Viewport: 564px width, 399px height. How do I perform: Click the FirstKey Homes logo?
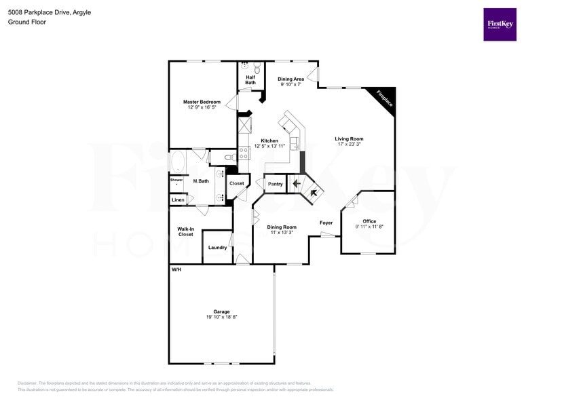[x=500, y=24]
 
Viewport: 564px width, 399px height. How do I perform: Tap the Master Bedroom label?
[x=202, y=102]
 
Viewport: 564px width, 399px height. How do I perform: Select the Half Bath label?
[x=250, y=80]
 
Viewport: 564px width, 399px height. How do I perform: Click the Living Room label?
[x=349, y=138]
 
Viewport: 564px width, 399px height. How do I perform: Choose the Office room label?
[x=369, y=221]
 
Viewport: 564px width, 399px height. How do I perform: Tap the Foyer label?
[x=326, y=223]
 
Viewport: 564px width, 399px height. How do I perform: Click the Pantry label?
[x=275, y=184]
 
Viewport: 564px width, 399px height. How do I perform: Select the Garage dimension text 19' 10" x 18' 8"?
[x=221, y=317]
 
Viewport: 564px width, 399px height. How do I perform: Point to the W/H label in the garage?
[x=176, y=270]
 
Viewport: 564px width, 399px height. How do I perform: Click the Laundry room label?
[x=217, y=248]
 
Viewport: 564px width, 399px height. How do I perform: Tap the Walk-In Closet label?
[x=185, y=231]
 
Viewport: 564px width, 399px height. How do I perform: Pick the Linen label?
[x=178, y=200]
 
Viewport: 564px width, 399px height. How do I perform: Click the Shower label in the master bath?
[x=176, y=180]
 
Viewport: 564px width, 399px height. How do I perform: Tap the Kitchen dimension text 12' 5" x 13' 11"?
[x=266, y=146]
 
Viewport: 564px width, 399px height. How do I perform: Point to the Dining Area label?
[x=291, y=79]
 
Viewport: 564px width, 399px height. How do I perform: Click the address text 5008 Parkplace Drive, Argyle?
[x=50, y=12]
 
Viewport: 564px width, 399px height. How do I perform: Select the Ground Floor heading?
[x=26, y=22]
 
